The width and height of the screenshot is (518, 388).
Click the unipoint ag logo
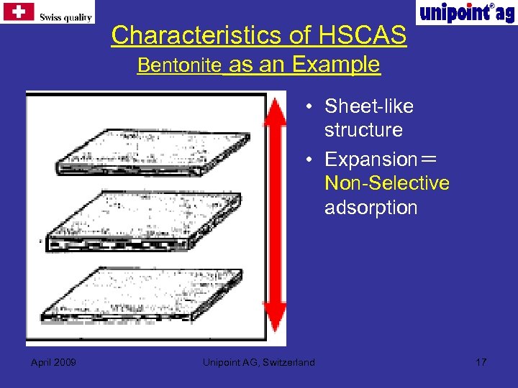tap(466, 12)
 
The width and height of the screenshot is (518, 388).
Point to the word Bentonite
tap(179, 65)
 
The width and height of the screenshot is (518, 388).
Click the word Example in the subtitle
tap(336, 65)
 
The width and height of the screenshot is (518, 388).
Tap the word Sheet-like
tap(368, 106)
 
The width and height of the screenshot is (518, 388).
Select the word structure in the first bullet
tap(363, 130)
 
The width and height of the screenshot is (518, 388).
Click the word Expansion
tap(371, 159)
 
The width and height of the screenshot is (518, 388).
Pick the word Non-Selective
tap(387, 183)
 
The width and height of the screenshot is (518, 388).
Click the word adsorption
tap(371, 208)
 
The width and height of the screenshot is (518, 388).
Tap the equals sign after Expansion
tap(430, 159)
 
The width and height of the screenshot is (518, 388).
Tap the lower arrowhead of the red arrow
tap(275, 320)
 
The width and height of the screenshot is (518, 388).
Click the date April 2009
tap(54, 361)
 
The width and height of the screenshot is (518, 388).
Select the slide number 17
tap(481, 361)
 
